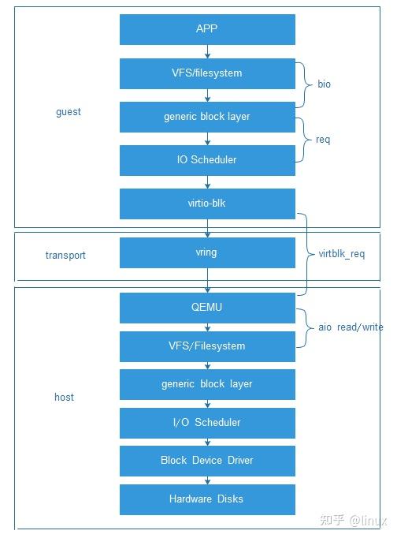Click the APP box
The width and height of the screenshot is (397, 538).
coord(207,29)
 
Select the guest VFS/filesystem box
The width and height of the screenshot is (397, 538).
coord(207,73)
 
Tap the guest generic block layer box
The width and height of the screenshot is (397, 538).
coord(207,117)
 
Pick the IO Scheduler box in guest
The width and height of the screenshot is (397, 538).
coord(207,160)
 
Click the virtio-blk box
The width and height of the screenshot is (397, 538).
coord(207,203)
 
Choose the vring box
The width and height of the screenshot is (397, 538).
coord(207,253)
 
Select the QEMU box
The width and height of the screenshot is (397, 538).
coord(207,307)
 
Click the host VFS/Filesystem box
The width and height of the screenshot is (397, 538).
coord(207,346)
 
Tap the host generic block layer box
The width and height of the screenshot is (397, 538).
coord(207,384)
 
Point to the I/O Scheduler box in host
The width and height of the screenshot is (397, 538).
coord(207,423)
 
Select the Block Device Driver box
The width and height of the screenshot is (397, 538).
coord(207,461)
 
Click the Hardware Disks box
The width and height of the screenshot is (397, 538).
coord(207,499)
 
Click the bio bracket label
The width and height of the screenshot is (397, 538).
coord(325,83)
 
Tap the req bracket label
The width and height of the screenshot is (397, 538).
coord(323,140)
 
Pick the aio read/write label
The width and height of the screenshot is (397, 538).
coord(350,327)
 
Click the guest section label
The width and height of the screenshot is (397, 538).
coord(69,112)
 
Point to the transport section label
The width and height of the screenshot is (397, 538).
coord(65,256)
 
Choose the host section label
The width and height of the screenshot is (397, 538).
coord(64,397)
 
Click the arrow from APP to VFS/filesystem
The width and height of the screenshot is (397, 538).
coord(207,51)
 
